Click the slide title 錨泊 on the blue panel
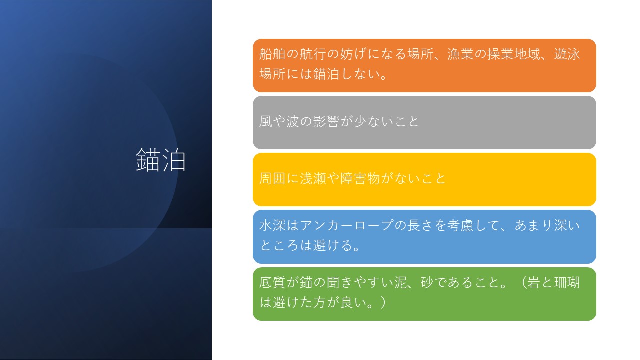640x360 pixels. [x=161, y=160]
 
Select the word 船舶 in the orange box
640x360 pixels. [x=272, y=54]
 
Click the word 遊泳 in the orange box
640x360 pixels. [x=567, y=54]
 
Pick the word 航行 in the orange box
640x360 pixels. [x=312, y=54]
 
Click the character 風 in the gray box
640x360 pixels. [x=266, y=121]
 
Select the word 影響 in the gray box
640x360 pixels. [x=326, y=121]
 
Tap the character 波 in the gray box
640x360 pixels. [x=293, y=121]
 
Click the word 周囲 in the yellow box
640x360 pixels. [x=272, y=178]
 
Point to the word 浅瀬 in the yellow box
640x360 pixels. [x=313, y=178]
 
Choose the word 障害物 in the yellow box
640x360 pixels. [x=360, y=178]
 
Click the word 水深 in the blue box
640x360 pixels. [x=272, y=225]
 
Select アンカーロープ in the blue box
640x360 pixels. [x=346, y=225]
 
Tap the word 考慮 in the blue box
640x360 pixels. [x=460, y=225]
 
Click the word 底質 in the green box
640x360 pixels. [x=272, y=282]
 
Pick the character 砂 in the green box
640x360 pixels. [x=427, y=282]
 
